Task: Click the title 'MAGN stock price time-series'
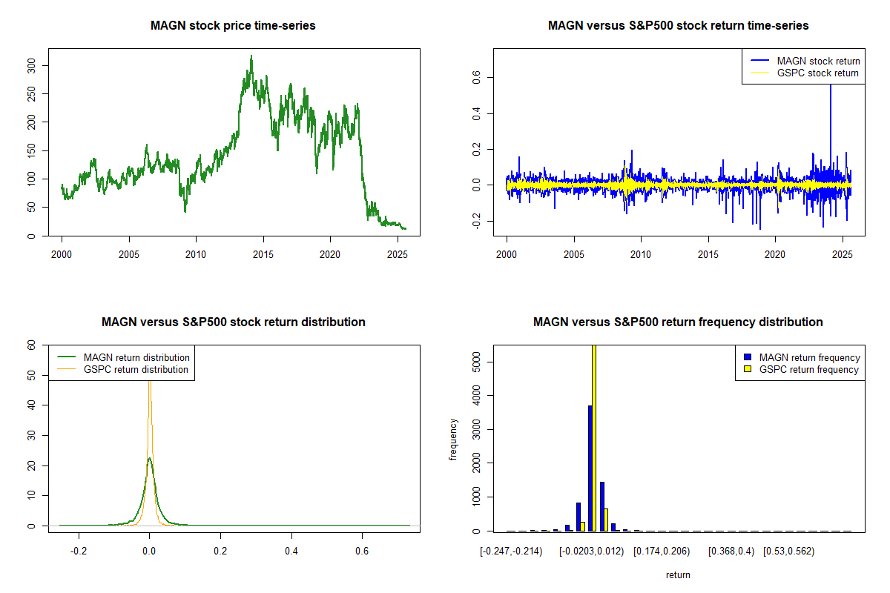click(233, 26)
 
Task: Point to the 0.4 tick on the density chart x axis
click(291, 551)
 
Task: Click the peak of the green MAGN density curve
click(149, 459)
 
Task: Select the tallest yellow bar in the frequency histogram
click(594, 437)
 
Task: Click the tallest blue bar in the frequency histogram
click(590, 468)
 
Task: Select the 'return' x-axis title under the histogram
click(678, 574)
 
